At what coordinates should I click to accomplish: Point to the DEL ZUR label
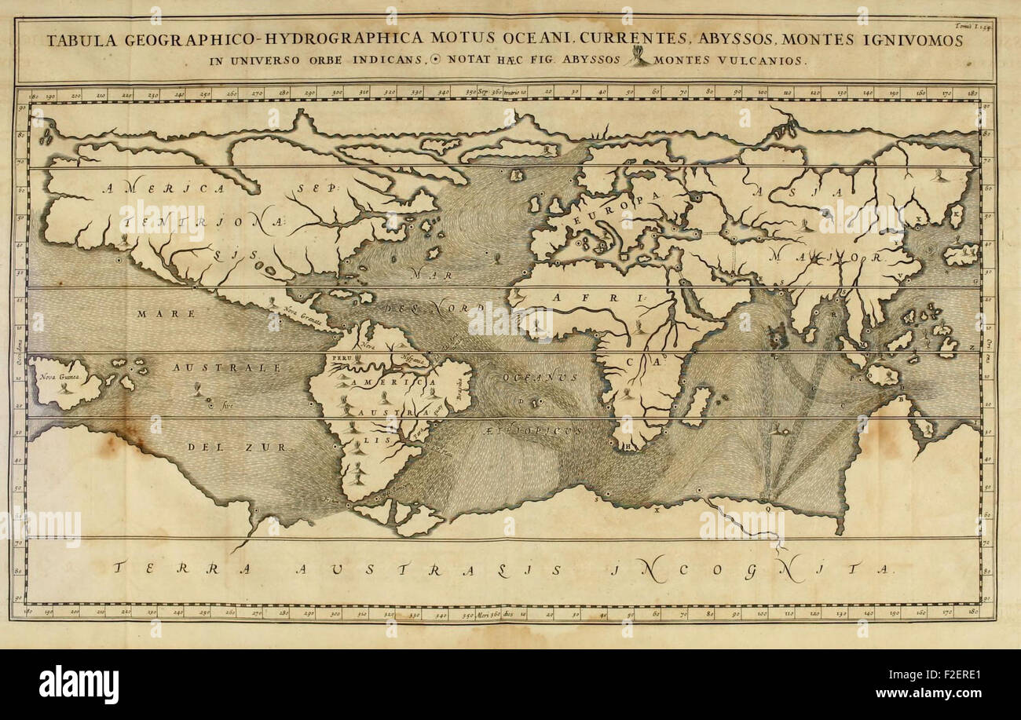click(x=238, y=446)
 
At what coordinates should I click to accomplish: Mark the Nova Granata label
click(x=304, y=314)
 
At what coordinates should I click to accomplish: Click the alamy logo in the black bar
click(x=79, y=684)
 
